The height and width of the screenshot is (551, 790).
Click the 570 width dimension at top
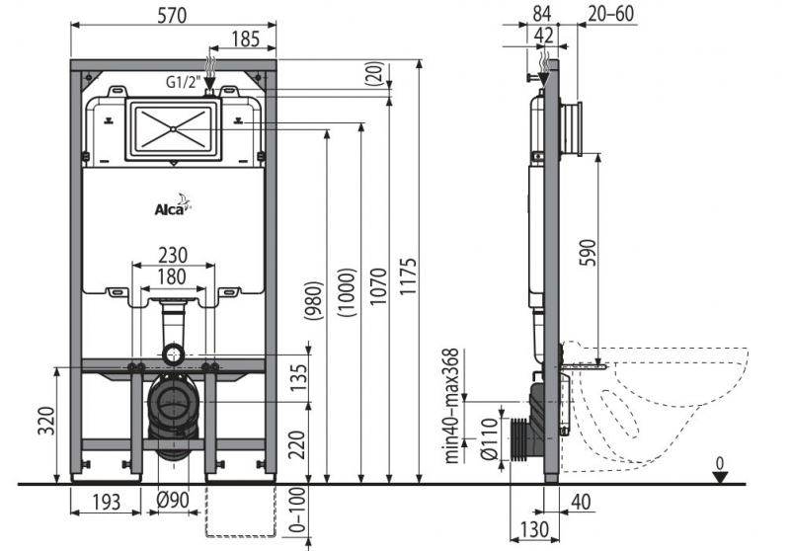[x=174, y=14]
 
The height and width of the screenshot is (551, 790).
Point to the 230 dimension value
[x=174, y=254]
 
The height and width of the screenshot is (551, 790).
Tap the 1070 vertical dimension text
[x=377, y=288]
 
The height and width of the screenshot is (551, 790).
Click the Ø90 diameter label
[x=173, y=503]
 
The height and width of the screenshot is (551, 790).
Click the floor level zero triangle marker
[x=723, y=476]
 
